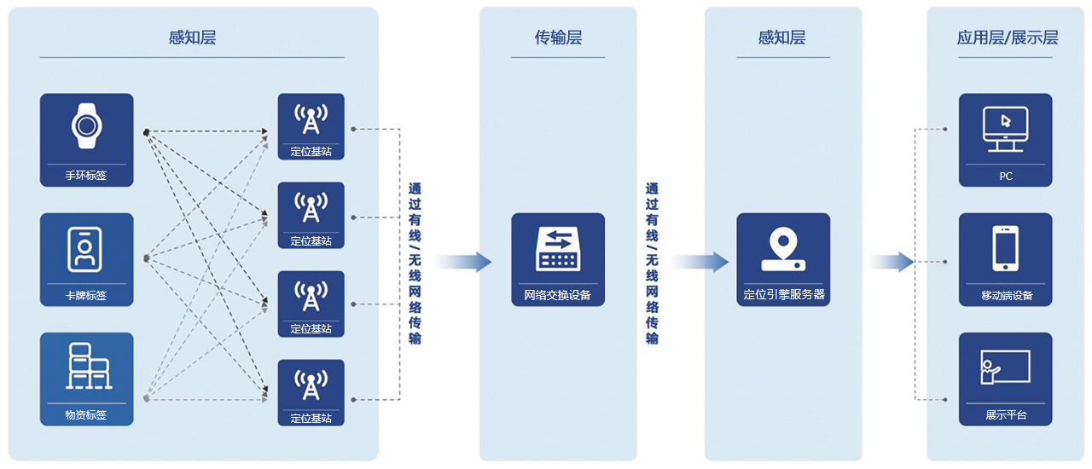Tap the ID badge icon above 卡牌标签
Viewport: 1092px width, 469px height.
tap(86, 247)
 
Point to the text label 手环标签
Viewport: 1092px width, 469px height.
tap(86, 177)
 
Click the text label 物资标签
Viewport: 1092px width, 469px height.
tap(86, 415)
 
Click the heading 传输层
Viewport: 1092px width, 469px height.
tap(558, 38)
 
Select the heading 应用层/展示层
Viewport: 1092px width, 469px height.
tap(1008, 38)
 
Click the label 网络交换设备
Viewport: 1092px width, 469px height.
tap(558, 296)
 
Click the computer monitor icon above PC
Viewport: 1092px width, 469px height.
tap(1005, 128)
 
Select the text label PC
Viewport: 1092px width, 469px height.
tap(1006, 177)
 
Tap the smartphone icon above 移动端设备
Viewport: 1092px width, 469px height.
tap(1005, 247)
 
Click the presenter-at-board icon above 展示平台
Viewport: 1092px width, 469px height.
tap(1005, 368)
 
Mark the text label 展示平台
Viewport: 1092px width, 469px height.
tap(1006, 415)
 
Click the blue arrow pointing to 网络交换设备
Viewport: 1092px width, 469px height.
tap(465, 262)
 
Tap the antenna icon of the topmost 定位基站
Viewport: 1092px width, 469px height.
tap(311, 119)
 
